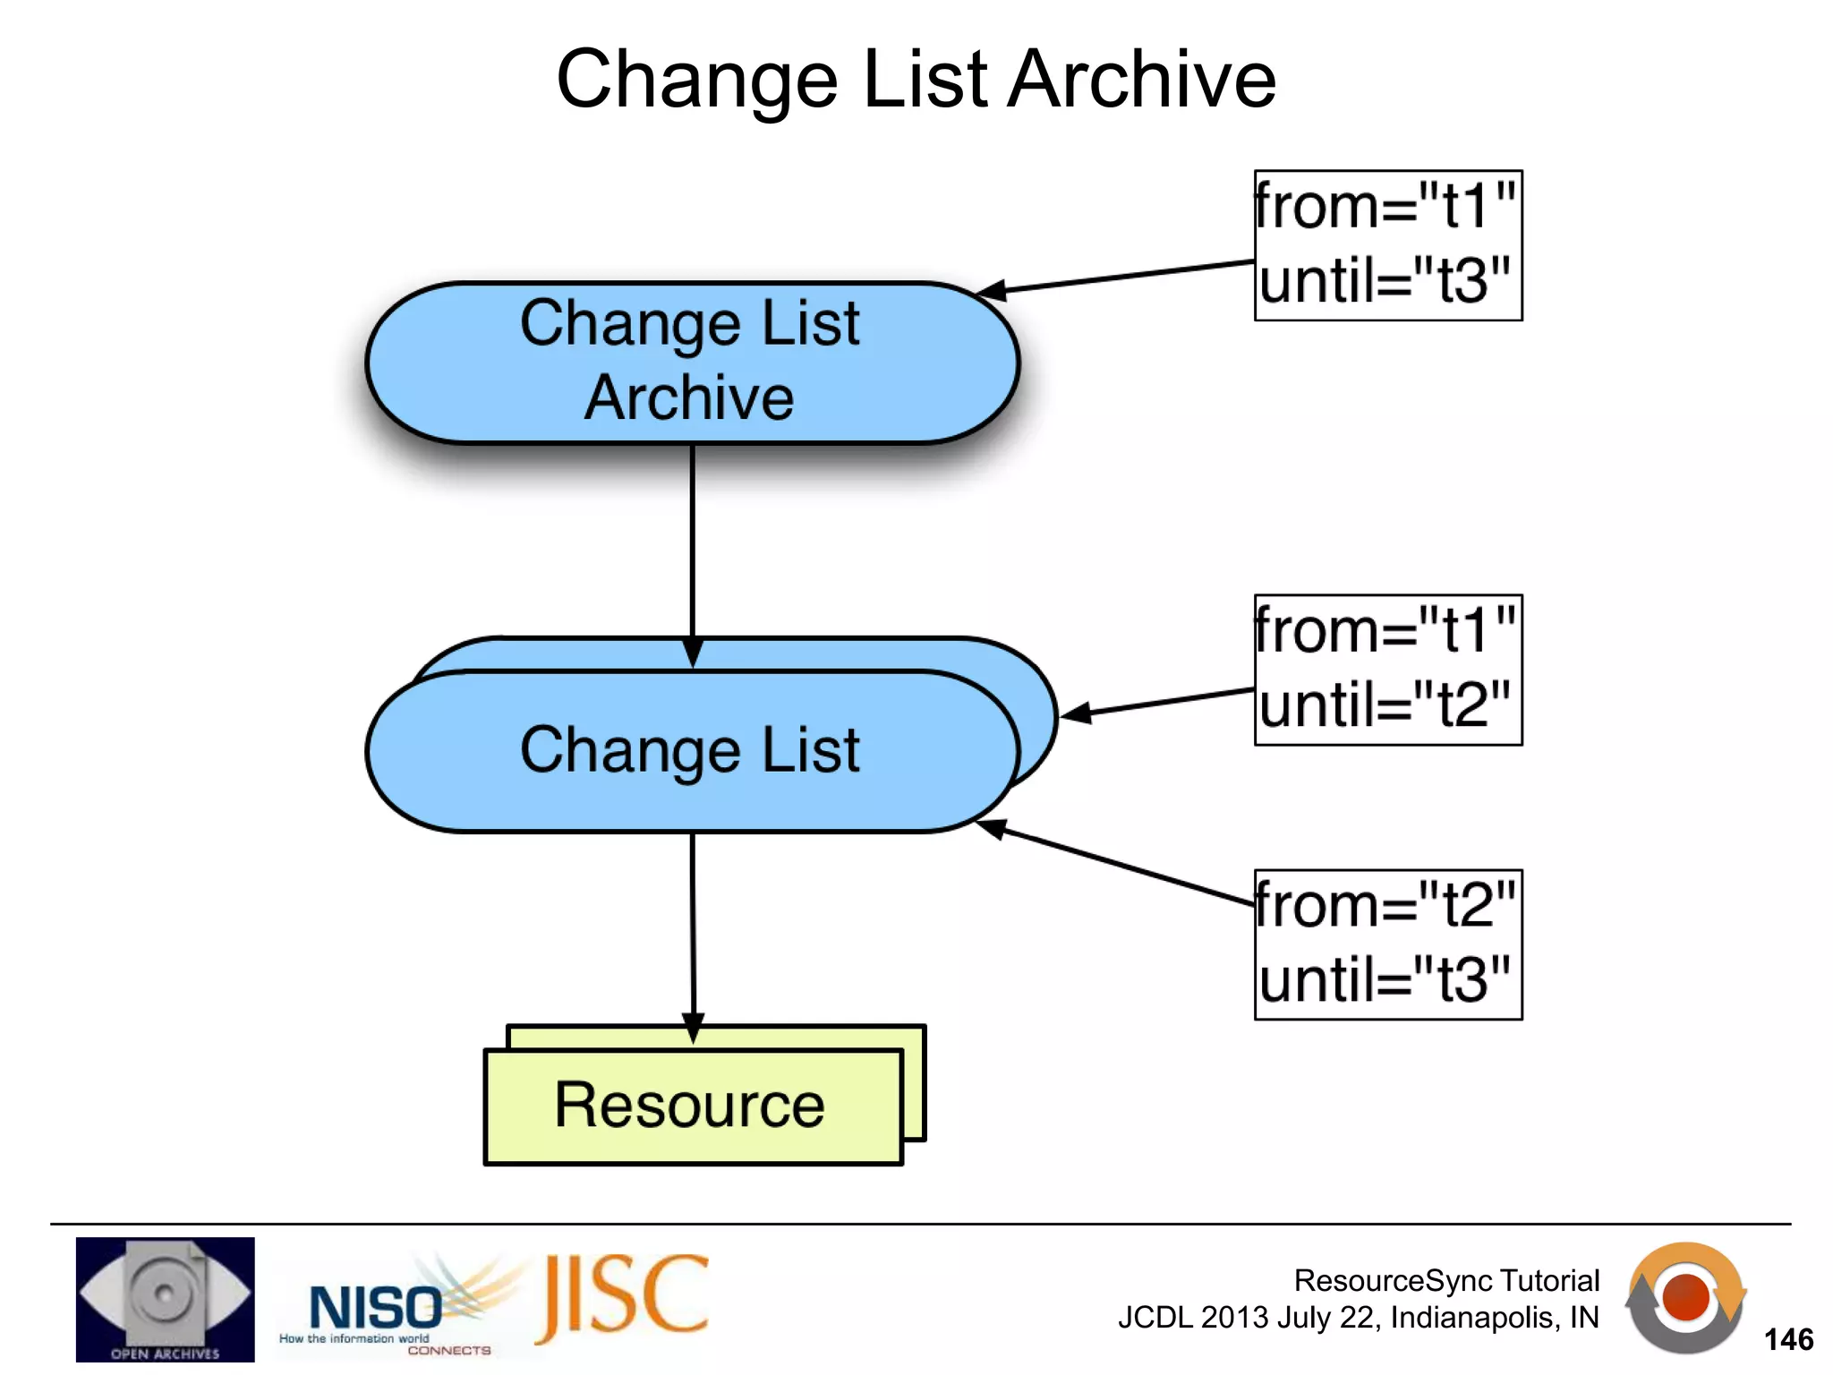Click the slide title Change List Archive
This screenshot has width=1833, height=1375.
click(916, 81)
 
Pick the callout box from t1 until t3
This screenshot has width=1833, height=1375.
click(1387, 245)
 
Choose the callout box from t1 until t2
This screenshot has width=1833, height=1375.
click(1387, 670)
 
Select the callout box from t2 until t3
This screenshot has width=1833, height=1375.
click(1387, 944)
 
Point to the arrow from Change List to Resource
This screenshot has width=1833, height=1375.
click(693, 931)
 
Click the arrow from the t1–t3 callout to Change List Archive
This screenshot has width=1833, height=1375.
click(1119, 277)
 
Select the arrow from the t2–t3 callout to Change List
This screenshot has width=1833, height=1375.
click(1119, 864)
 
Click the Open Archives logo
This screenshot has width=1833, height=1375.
click(165, 1299)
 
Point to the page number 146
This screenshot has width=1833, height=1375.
click(1787, 1340)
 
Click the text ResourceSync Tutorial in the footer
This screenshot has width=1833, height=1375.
click(1446, 1281)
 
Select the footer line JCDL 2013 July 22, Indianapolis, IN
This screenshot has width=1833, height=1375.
click(1358, 1318)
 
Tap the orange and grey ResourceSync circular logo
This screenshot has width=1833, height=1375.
click(1684, 1298)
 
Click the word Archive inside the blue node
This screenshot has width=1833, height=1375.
click(689, 397)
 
